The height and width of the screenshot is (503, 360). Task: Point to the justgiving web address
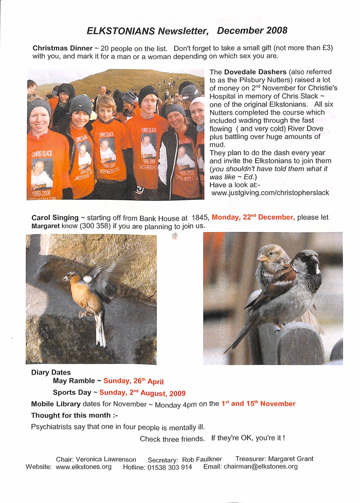tap(270, 193)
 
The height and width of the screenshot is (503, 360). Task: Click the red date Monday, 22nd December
tap(253, 217)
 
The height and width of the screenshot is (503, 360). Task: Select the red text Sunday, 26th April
tap(133, 381)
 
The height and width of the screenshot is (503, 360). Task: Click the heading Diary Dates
tap(51, 372)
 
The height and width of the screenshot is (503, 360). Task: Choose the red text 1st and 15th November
tap(258, 404)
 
